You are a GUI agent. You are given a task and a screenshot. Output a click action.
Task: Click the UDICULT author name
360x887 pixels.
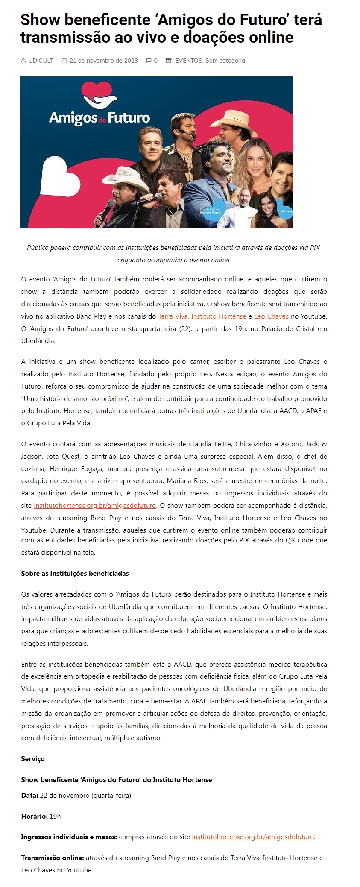[x=41, y=61]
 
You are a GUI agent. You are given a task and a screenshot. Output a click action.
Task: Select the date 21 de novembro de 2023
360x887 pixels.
[x=103, y=61]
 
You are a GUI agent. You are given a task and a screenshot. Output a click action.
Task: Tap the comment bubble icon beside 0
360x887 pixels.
[x=149, y=61]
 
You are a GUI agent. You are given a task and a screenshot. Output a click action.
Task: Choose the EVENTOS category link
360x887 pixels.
[x=188, y=61]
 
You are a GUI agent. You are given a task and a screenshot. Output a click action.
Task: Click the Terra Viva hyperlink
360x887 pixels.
[x=173, y=316]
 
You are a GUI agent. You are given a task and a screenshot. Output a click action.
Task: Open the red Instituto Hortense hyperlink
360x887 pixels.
[x=218, y=316]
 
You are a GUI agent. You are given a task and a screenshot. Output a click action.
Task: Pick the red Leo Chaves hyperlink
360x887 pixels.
[x=271, y=316]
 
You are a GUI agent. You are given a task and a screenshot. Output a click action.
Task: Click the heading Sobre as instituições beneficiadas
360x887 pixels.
[x=75, y=574]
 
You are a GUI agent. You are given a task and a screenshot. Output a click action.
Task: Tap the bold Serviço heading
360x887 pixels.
[x=33, y=759]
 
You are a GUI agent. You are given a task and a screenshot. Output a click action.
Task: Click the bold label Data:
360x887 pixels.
[x=29, y=796]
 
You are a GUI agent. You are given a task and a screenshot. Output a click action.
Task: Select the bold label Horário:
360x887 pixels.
[x=35, y=817]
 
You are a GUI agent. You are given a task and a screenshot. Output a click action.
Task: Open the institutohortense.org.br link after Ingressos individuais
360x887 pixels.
[x=253, y=837]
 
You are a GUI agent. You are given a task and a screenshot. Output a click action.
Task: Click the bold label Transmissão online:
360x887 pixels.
[x=53, y=858]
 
